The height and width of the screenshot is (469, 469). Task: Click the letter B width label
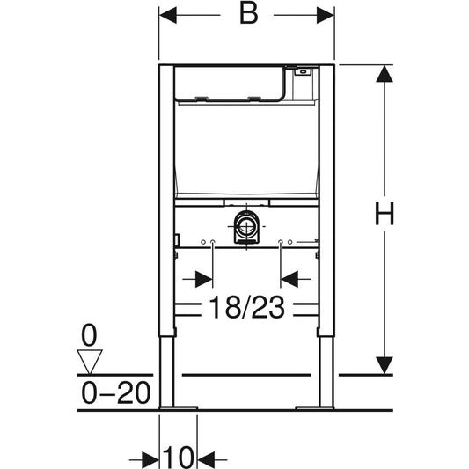[248, 14]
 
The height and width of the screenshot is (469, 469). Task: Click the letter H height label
[385, 214]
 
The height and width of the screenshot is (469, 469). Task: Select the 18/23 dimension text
[246, 307]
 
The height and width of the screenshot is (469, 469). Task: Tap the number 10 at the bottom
[179, 458]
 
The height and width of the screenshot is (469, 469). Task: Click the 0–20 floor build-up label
[116, 392]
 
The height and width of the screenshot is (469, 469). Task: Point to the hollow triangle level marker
[90, 362]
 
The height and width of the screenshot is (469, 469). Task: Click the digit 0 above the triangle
[89, 335]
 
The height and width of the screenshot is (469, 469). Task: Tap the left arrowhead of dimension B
[168, 15]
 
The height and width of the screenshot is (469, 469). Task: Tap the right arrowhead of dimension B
[326, 15]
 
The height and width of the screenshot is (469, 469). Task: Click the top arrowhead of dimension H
[385, 74]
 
